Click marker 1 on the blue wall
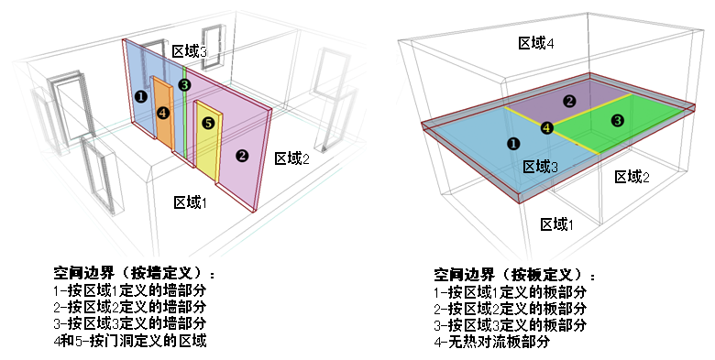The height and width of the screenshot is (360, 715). [x=139, y=95]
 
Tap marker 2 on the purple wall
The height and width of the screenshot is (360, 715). [x=242, y=155]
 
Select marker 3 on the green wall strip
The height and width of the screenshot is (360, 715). [x=184, y=85]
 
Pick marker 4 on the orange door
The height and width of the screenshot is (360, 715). [x=163, y=113]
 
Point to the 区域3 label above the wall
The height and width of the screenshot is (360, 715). [x=190, y=52]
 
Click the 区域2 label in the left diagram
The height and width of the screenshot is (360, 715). [x=292, y=158]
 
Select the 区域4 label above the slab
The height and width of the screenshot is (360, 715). [x=536, y=43]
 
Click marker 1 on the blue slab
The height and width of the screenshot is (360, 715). [x=513, y=144]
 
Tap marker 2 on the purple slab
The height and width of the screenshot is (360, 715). [x=569, y=101]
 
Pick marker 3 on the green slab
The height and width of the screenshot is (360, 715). [x=617, y=120]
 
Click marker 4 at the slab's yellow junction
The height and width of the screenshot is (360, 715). [x=547, y=128]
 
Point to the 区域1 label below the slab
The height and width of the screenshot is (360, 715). [x=557, y=224]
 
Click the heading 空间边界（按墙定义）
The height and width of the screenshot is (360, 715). [x=135, y=274]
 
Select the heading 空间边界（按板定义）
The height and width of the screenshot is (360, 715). [x=514, y=274]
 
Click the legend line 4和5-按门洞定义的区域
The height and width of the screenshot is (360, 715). [x=130, y=342]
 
